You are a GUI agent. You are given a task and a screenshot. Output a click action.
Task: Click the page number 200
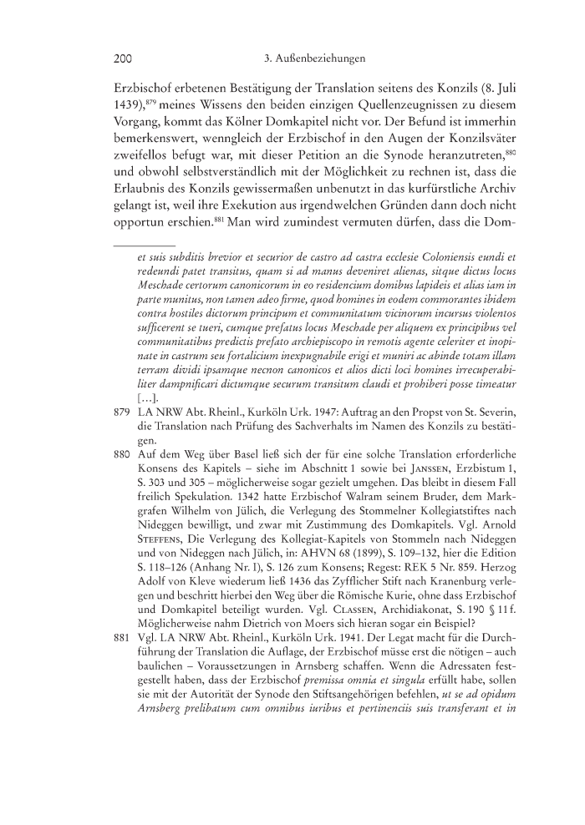point(124,59)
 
